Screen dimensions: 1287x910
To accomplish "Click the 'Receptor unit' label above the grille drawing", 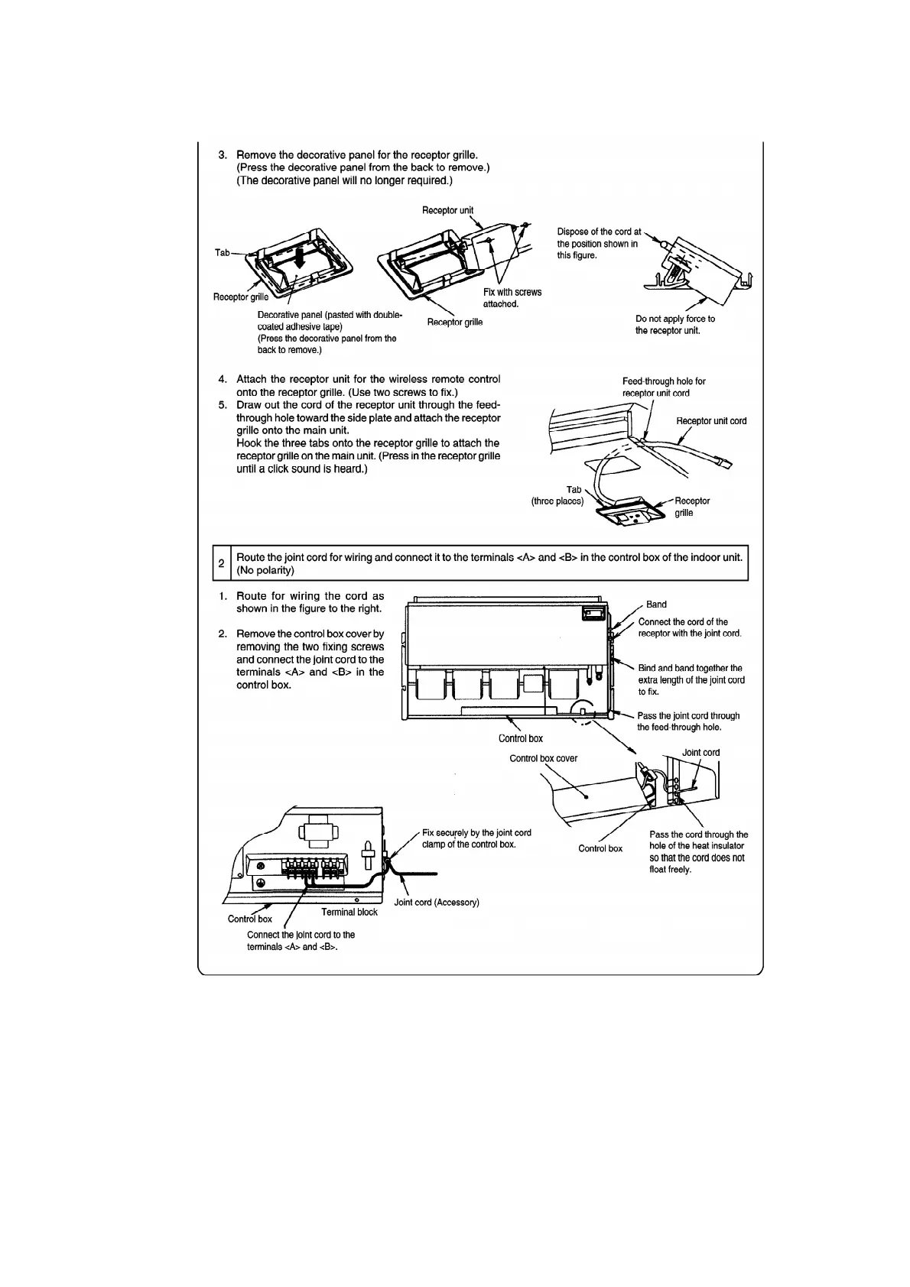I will (x=447, y=210).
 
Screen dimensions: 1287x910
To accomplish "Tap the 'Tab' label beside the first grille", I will (x=222, y=252).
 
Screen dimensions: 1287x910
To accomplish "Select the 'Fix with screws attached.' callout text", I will (x=512, y=298).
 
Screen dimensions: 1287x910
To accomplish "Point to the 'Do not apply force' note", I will (x=674, y=325).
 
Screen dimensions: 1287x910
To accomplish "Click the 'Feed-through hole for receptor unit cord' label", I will (x=663, y=387).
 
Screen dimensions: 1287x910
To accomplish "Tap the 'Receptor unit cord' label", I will (x=711, y=421).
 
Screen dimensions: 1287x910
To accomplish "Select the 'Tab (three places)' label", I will (x=558, y=495).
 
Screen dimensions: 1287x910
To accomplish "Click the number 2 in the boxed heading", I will (x=221, y=563).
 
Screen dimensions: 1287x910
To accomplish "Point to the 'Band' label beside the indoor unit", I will (x=656, y=605).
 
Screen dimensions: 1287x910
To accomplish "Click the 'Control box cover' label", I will (x=543, y=758).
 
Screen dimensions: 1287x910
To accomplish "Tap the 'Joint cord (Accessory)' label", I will (x=436, y=903).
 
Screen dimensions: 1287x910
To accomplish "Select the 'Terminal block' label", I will (x=349, y=912).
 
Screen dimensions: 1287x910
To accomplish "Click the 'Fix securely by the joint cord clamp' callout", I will (x=476, y=838).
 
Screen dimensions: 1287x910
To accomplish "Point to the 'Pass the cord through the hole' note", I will (x=698, y=852).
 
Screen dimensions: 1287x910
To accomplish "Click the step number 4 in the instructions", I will (x=223, y=379).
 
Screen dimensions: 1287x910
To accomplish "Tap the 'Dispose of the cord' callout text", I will (x=598, y=243).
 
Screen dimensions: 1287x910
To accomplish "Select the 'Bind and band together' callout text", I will (x=691, y=679).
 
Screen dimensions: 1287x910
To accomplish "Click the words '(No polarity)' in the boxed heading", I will (x=265, y=571).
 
